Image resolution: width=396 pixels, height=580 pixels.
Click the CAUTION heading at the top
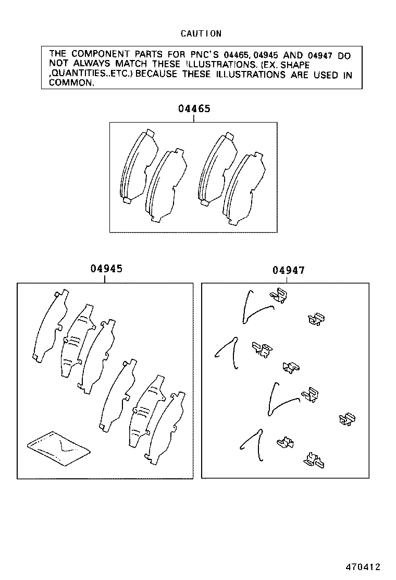[x=201, y=34]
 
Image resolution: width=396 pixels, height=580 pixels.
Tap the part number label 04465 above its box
[x=194, y=108]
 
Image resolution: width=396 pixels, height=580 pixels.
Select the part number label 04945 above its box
[x=106, y=269]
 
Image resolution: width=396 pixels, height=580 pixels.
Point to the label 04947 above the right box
[x=289, y=270]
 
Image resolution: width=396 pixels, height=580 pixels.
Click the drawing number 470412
[x=363, y=567]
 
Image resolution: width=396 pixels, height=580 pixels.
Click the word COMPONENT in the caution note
[x=101, y=54]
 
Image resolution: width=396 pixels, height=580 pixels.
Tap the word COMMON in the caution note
[x=71, y=83]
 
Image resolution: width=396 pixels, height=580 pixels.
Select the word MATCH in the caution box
[x=131, y=64]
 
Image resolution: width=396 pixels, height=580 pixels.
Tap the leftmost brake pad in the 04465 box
[x=139, y=167]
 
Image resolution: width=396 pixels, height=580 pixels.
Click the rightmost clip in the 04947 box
[x=347, y=419]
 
